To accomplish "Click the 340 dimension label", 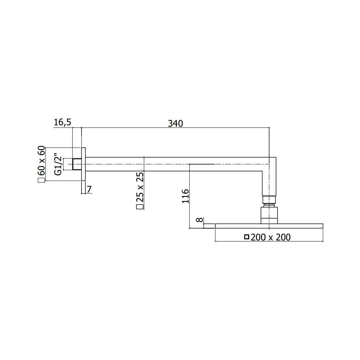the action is tap(175, 123).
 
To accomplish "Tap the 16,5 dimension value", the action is tap(62, 122).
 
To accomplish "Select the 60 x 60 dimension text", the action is tap(41, 161).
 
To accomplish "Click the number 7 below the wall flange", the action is tap(89, 189).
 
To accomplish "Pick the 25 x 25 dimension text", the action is tap(140, 187).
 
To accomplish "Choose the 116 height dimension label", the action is tap(185, 196).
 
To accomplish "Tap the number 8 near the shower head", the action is tap(199, 220).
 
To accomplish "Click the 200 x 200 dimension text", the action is tap(271, 237).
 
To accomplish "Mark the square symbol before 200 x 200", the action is tap(247, 237).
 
